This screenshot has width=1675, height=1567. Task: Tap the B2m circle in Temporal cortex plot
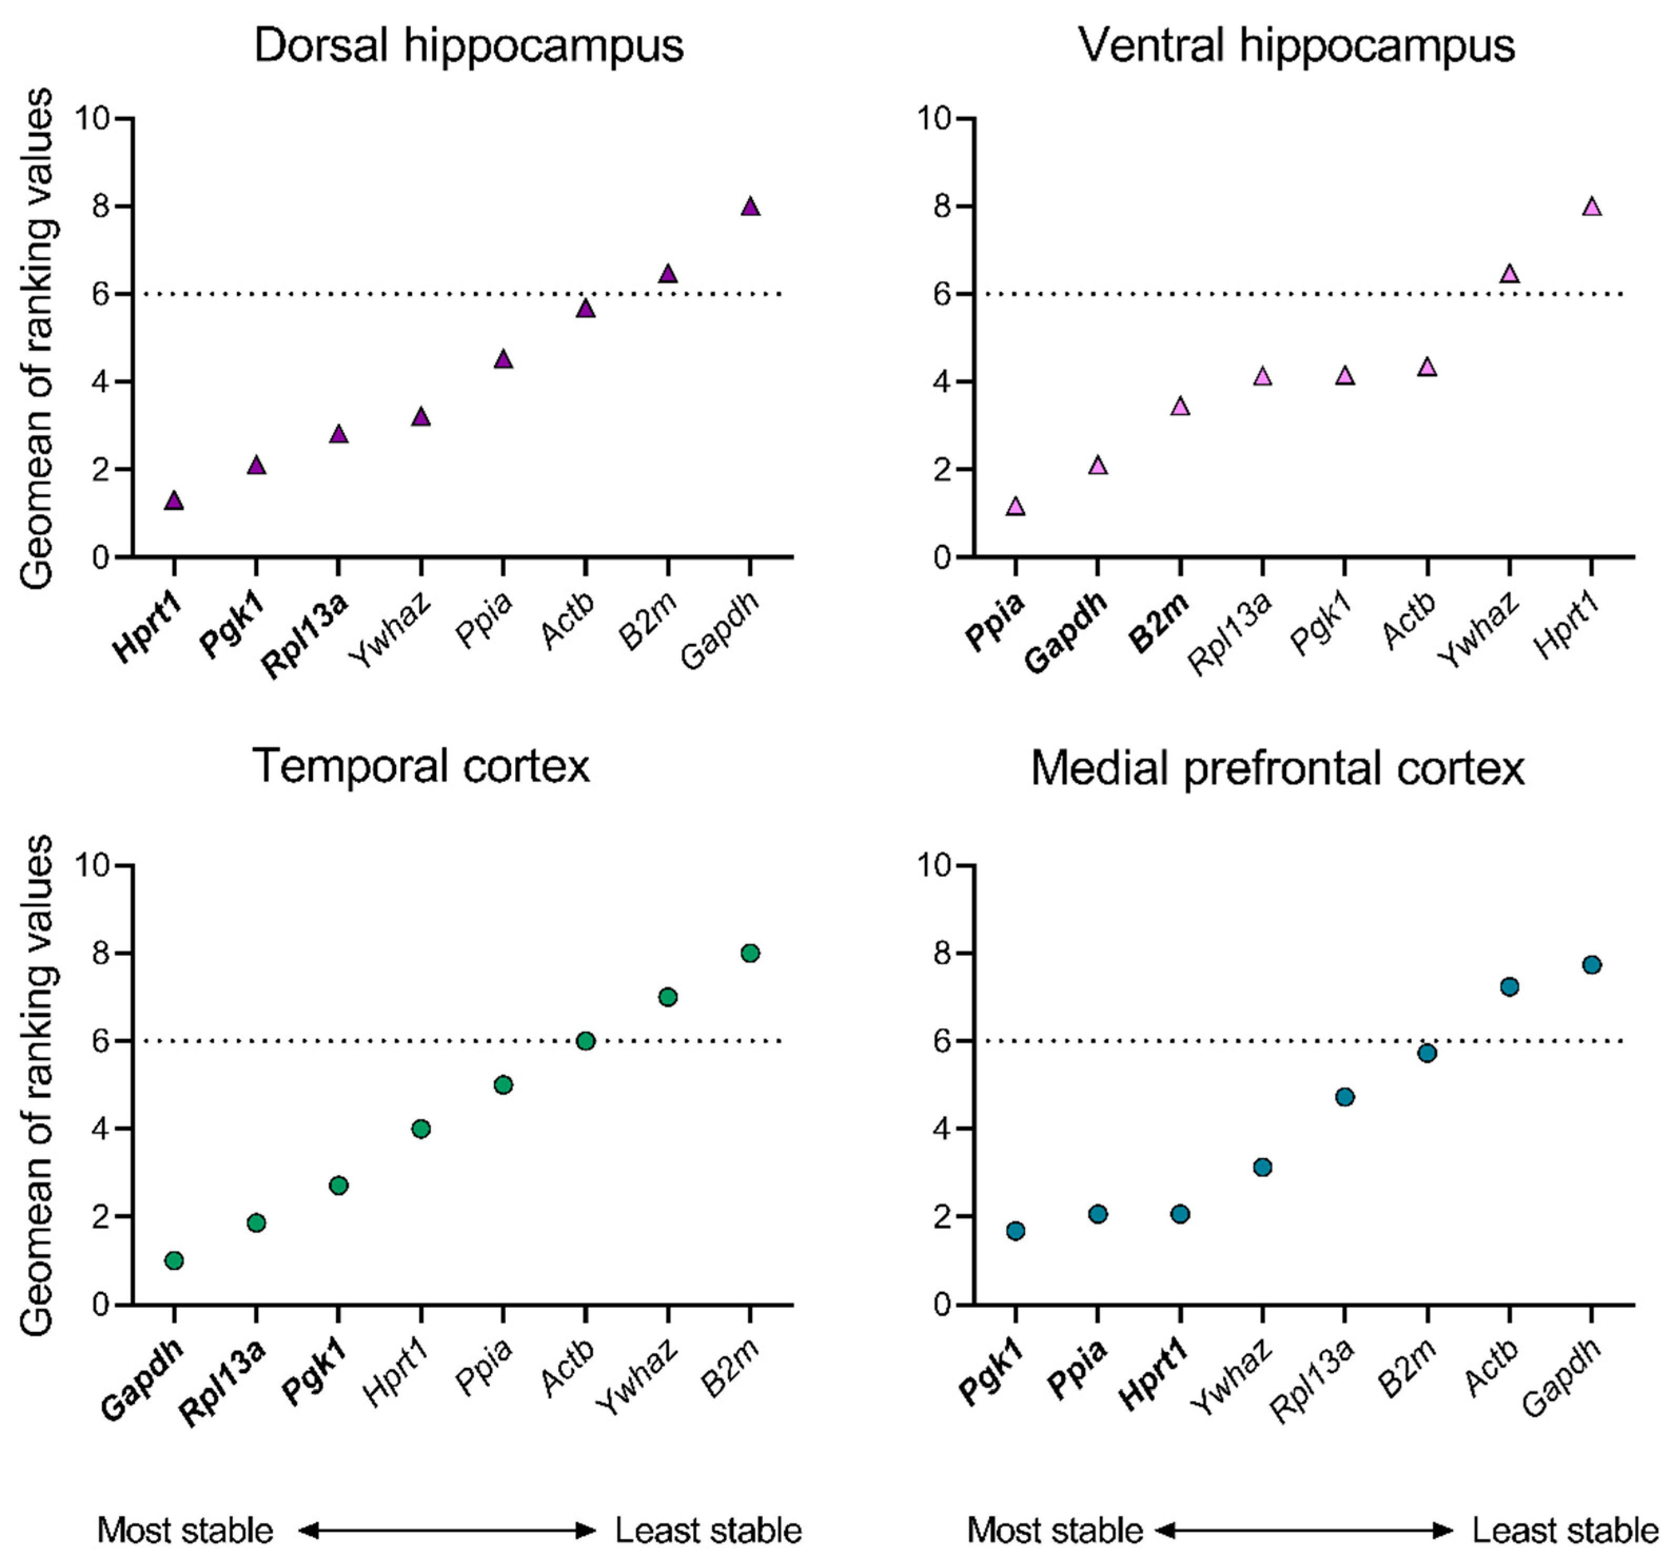click(x=750, y=953)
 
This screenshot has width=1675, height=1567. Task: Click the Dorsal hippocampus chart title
click(x=468, y=45)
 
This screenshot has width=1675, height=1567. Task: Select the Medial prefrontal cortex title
click(x=1277, y=769)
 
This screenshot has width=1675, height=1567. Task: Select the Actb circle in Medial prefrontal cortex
click(x=1509, y=987)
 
